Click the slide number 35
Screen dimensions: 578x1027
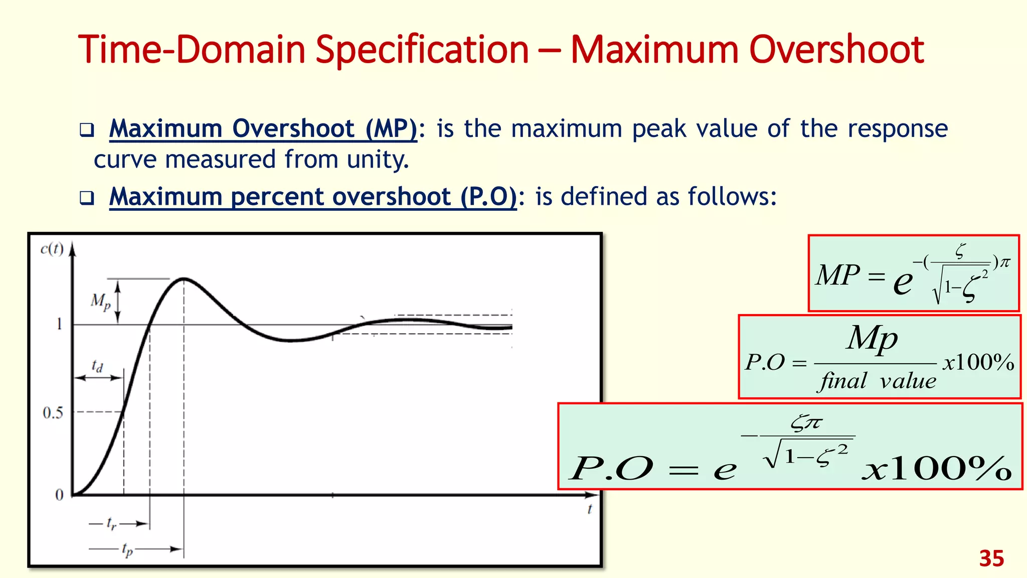(991, 558)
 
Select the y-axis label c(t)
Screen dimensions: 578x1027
(52, 249)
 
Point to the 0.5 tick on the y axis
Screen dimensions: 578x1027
(53, 413)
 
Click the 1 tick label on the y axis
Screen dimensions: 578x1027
(60, 324)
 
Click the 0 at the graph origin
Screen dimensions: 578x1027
(59, 495)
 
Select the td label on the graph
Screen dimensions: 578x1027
(97, 366)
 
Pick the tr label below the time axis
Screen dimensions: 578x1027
(111, 524)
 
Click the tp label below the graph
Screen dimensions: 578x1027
(127, 550)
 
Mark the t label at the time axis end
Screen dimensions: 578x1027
(590, 509)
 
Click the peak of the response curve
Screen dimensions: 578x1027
(184, 278)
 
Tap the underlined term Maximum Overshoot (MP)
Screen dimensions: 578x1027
(263, 128)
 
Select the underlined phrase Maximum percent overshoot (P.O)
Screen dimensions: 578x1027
(313, 196)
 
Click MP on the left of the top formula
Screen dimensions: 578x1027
(837, 275)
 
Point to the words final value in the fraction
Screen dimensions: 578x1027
(878, 381)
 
